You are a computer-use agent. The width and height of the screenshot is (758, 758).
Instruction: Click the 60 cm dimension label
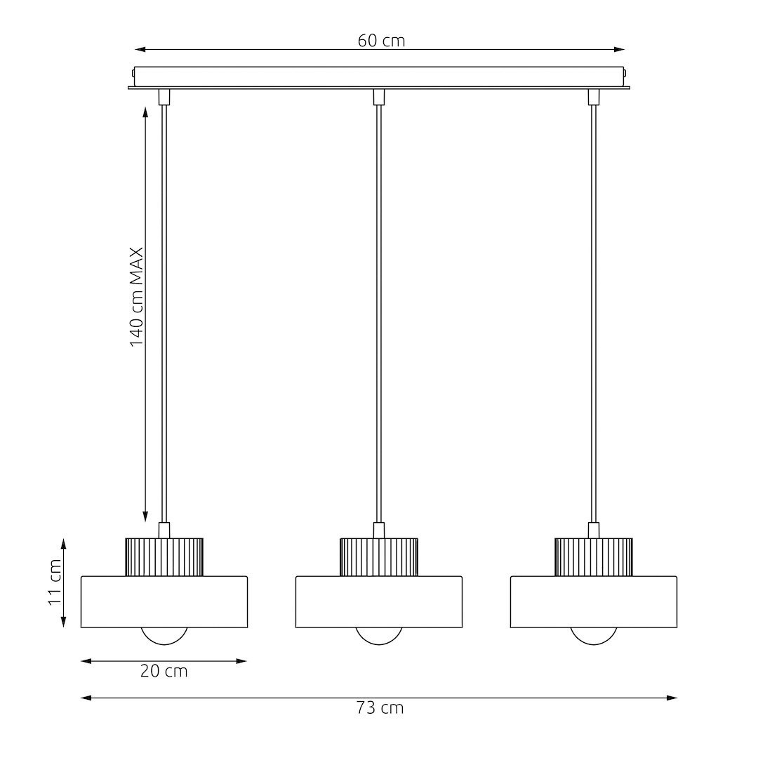[381, 41]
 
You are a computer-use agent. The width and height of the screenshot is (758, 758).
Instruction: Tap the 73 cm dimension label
[380, 708]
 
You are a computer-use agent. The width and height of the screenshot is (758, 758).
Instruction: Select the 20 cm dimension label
[164, 671]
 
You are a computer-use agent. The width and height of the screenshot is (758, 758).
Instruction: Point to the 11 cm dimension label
[55, 583]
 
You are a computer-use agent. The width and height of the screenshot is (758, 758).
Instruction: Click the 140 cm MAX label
[137, 298]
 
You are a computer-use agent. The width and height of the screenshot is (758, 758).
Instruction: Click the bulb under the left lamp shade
[164, 636]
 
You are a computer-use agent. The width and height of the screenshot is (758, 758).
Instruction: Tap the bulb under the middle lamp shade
[379, 636]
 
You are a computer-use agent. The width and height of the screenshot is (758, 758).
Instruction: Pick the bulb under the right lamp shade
[594, 636]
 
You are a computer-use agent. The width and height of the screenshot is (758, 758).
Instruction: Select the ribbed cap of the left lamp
[164, 557]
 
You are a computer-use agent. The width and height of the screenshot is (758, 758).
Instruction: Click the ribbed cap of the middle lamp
[379, 557]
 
